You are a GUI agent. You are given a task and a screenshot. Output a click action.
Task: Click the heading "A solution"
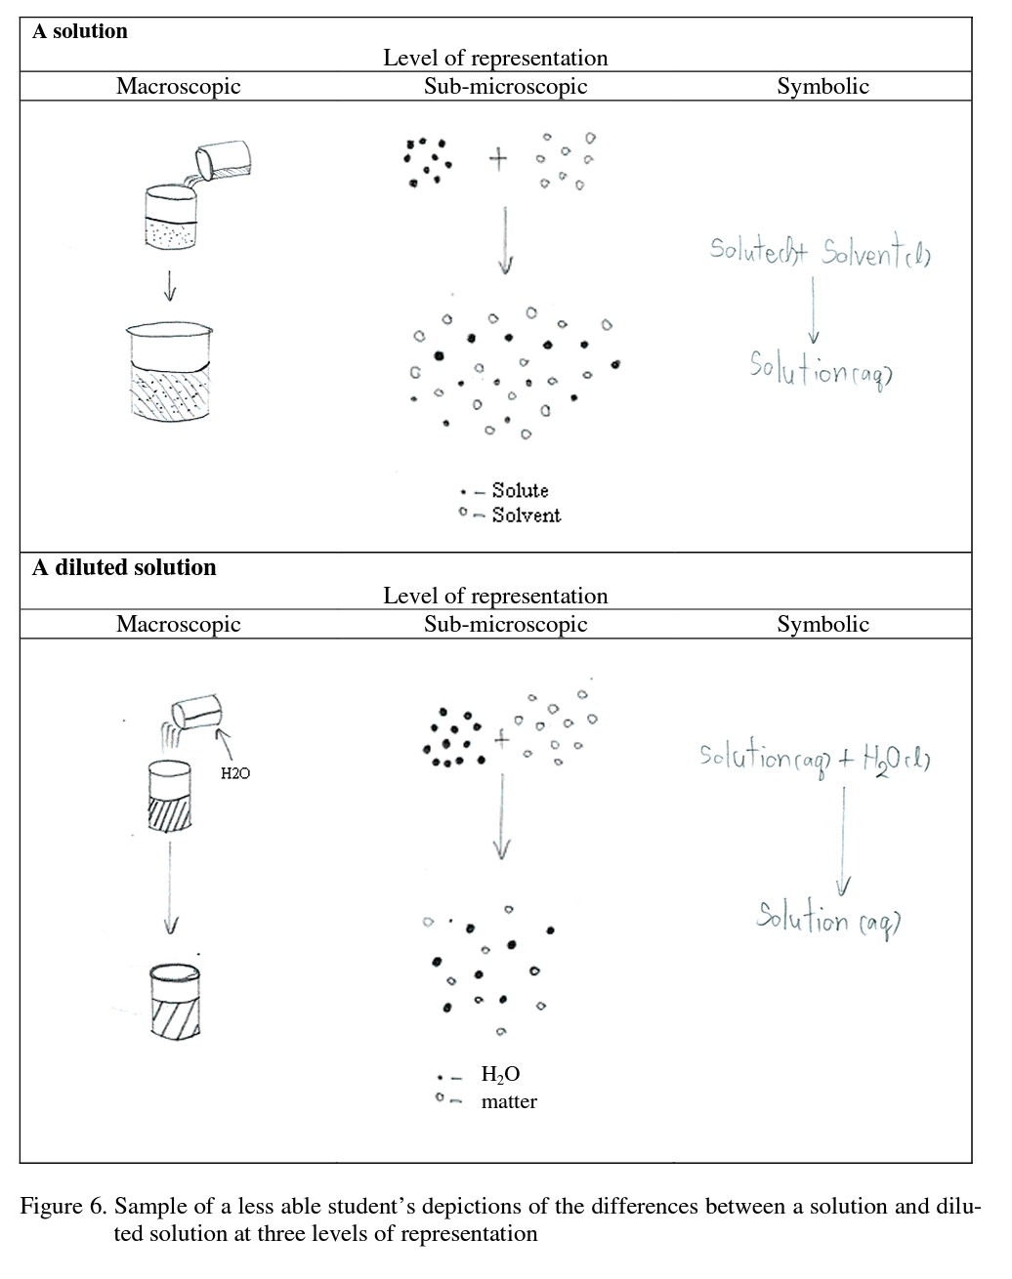point(80,31)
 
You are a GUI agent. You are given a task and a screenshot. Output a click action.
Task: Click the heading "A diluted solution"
point(124,567)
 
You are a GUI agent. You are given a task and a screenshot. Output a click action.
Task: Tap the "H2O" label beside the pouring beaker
point(234,773)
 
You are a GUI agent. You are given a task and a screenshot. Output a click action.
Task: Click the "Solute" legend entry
point(520,490)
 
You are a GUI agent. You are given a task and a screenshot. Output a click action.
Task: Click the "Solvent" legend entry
point(526,516)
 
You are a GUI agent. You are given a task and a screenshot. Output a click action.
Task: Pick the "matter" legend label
point(509,1101)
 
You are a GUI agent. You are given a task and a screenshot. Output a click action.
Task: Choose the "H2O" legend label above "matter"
point(500,1074)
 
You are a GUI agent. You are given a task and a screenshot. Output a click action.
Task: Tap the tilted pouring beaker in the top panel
point(223,160)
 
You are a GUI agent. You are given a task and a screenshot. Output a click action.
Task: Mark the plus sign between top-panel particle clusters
point(498,158)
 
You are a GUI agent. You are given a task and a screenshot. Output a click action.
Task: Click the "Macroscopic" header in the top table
point(178,86)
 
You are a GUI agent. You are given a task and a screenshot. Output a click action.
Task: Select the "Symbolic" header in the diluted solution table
point(822,624)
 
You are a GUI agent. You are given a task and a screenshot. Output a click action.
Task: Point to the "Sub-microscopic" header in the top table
point(505,86)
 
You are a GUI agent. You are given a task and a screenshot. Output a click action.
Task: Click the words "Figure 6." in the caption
point(62,1206)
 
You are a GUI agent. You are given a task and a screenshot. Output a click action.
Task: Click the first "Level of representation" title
point(495,58)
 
